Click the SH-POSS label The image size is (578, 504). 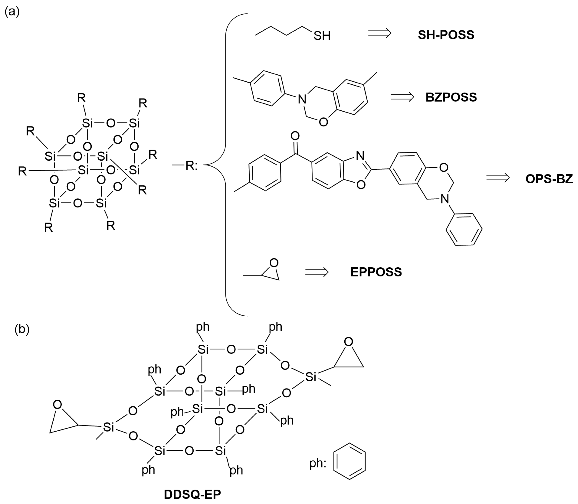point(446,35)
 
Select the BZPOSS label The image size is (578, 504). point(451,97)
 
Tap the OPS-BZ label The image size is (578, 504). point(549,179)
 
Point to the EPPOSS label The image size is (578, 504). point(376,272)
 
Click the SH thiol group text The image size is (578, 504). point(322,36)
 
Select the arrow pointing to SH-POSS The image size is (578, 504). point(380,33)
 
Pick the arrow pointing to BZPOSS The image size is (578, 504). point(402,97)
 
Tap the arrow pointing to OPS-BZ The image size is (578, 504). point(498,178)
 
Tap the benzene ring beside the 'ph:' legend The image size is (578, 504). point(349,461)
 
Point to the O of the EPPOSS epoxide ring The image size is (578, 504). point(274,263)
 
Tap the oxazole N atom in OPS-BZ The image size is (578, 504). point(360,155)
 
